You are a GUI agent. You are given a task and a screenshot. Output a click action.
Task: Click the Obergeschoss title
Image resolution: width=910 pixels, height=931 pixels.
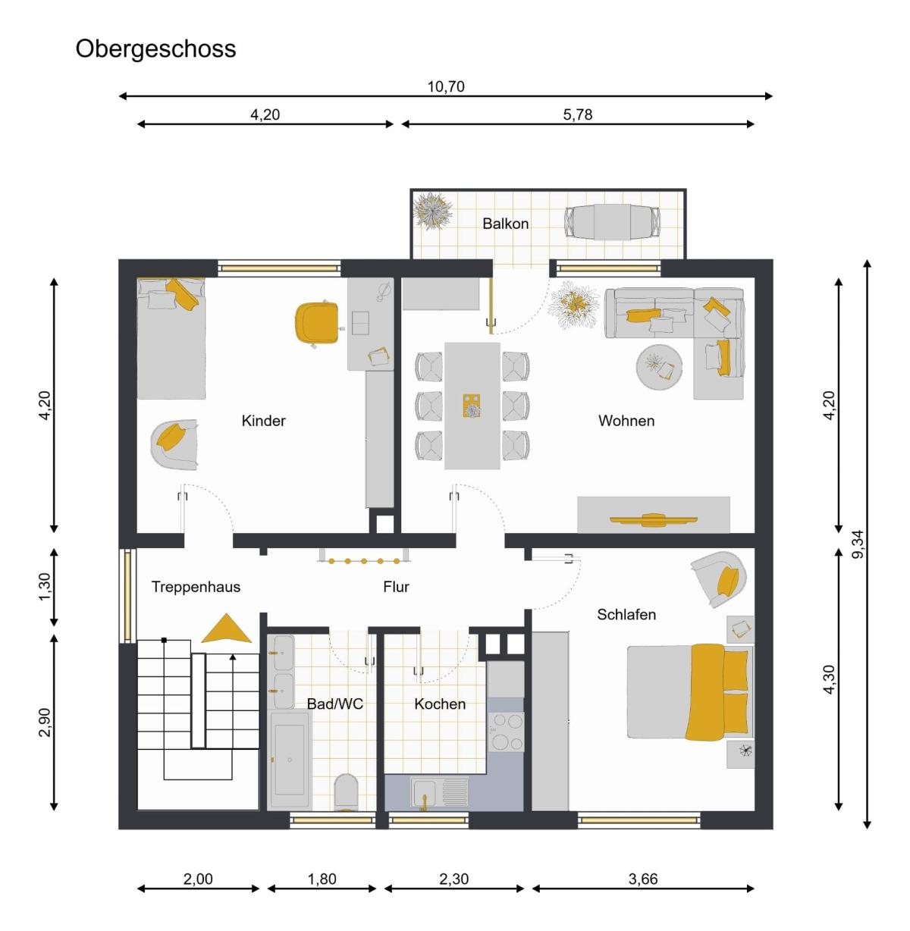[155, 49]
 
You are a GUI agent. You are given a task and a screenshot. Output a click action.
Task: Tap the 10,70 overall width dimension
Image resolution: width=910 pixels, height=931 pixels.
[445, 86]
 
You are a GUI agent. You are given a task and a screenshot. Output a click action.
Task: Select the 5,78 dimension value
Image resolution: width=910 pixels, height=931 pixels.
[578, 114]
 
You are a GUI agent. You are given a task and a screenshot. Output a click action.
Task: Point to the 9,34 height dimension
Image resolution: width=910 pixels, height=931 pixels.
[858, 544]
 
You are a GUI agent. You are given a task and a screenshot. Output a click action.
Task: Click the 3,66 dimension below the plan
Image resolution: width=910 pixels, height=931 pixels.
[643, 879]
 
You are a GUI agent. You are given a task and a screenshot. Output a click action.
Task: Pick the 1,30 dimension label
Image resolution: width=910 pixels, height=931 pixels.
[44, 587]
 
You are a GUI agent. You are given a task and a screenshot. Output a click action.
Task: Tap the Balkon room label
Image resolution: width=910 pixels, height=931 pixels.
[505, 224]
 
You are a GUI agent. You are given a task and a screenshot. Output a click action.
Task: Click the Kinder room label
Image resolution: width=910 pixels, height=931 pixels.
[263, 421]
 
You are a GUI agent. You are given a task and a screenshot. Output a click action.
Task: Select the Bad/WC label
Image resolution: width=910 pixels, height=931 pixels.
[335, 704]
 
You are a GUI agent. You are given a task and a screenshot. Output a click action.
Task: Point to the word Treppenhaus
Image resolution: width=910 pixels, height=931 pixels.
[196, 587]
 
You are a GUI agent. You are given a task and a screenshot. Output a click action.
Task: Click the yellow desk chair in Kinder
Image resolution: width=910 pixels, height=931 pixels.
[318, 324]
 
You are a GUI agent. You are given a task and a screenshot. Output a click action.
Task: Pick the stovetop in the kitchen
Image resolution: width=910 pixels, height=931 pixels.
[507, 732]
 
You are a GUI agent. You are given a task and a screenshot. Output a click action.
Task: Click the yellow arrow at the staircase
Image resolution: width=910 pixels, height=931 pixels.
[226, 629]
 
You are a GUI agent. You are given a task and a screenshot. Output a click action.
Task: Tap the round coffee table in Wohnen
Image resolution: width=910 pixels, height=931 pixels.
[659, 367]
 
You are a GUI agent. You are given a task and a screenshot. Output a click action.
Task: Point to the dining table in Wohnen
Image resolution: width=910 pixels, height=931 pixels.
[472, 406]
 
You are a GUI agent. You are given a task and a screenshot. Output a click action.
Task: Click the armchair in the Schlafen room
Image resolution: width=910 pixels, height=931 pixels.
[720, 579]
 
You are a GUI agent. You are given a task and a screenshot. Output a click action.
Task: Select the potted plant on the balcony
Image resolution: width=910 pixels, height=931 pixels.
[432, 211]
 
